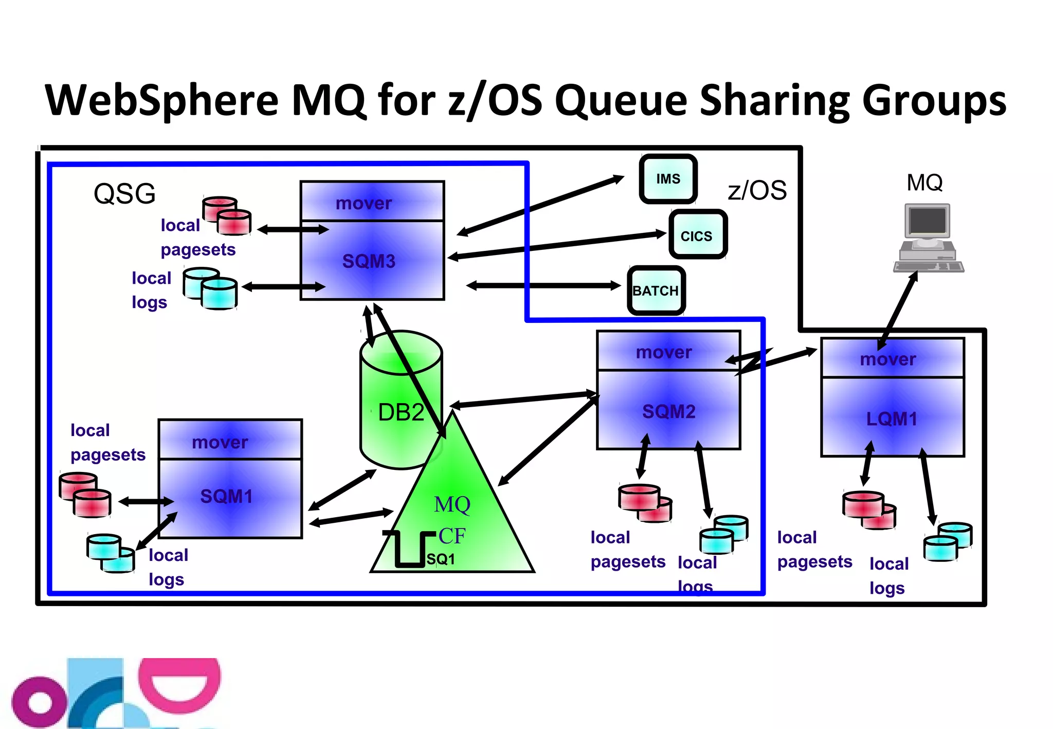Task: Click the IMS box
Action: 668,179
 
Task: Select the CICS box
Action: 697,235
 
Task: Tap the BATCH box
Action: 656,290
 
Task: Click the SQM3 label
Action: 369,261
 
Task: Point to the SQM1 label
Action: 226,496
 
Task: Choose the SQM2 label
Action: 668,411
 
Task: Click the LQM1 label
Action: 892,419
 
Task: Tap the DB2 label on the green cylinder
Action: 401,412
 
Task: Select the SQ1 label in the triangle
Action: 441,559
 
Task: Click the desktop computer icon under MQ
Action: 928,238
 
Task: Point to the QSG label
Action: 124,194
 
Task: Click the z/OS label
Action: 757,190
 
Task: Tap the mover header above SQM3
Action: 364,203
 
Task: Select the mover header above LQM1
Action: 888,359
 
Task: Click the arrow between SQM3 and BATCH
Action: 543,285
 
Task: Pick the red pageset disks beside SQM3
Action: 227,215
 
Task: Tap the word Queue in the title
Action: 621,100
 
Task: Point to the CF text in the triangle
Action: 452,536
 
